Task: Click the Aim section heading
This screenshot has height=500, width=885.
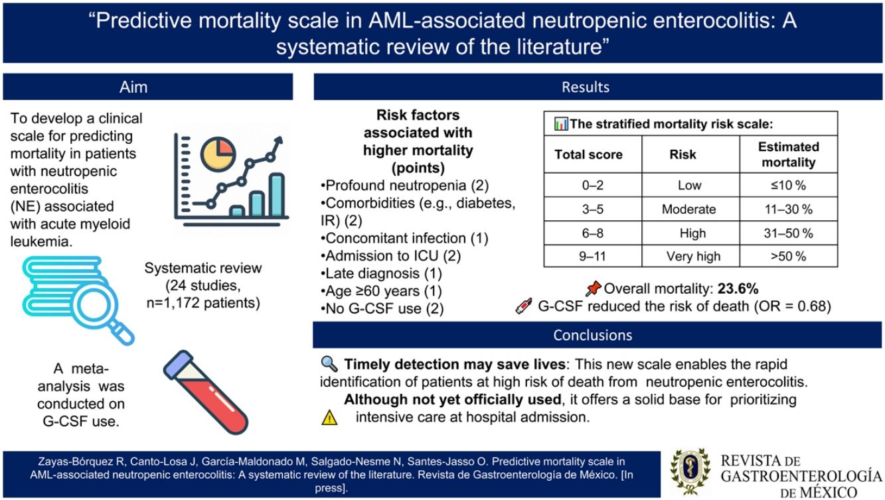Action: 133,87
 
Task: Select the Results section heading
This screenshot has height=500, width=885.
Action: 586,87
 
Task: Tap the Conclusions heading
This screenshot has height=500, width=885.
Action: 592,335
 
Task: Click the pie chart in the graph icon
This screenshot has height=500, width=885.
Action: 218,154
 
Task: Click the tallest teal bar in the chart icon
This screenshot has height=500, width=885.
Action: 277,195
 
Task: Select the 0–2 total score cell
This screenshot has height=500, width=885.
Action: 593,185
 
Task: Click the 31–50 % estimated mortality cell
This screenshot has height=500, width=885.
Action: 788,233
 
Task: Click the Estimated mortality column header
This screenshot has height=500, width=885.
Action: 788,155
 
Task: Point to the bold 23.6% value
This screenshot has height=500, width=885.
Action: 738,289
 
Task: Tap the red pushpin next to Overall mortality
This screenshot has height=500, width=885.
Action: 593,289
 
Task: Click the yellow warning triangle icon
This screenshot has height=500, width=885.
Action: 329,418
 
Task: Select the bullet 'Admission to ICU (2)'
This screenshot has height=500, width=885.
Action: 391,256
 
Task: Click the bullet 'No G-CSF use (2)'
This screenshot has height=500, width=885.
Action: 382,308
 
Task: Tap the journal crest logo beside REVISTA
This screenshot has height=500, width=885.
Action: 690,471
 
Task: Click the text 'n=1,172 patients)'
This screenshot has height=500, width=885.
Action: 203,303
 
